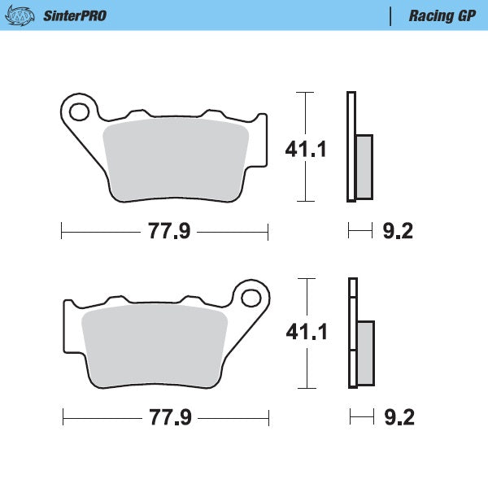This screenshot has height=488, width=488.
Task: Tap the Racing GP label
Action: [x=442, y=15]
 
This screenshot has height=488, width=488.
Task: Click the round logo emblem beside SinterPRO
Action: [x=24, y=15]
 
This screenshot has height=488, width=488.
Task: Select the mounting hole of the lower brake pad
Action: [x=251, y=296]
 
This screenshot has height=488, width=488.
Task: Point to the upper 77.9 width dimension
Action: [x=168, y=232]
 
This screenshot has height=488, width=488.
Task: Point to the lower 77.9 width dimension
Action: [x=169, y=418]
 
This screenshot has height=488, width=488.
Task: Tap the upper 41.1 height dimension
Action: [x=305, y=149]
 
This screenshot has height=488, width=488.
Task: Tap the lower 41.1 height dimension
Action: [x=305, y=332]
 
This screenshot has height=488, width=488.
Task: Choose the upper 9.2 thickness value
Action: [x=398, y=232]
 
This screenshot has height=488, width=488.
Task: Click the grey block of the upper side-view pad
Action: [x=364, y=167]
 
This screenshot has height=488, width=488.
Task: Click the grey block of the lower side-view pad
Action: [x=365, y=352]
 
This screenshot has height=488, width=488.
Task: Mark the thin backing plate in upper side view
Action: [x=351, y=146]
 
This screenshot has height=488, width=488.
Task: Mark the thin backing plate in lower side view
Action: [x=353, y=333]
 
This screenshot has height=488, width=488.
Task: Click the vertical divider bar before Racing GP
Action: [x=391, y=15]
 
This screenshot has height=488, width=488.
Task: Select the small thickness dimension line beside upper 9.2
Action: [x=359, y=232]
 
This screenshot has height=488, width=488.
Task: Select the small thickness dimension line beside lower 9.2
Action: [x=361, y=418]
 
